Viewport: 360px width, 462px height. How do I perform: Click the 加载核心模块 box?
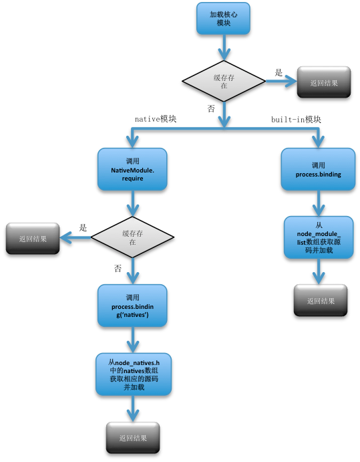222,18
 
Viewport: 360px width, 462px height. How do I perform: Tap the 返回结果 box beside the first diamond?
324,84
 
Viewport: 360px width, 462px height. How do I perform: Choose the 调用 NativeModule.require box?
132,169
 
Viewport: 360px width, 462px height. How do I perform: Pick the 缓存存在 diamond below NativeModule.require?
132,237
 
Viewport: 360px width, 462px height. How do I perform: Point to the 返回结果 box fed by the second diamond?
33,238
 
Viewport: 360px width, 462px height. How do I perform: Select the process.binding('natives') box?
132,306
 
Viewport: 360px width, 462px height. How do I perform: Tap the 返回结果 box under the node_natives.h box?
132,438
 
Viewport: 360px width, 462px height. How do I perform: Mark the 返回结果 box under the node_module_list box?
320,300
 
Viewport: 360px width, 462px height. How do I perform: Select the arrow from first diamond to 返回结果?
281,82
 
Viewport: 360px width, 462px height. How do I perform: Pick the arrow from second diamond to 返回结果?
75,237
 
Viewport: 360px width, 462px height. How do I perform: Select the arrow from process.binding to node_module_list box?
319,203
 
